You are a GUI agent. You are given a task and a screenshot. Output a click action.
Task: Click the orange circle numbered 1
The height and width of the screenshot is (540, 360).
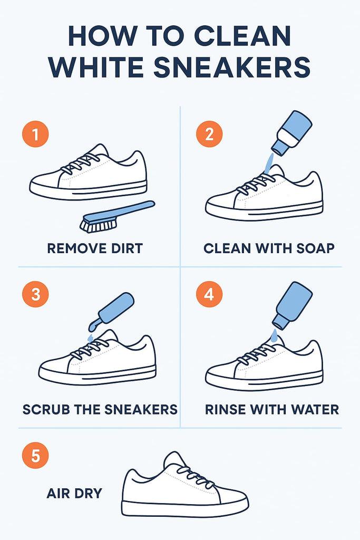click(35, 134)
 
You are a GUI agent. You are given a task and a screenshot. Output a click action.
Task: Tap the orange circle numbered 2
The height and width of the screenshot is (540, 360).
click(209, 134)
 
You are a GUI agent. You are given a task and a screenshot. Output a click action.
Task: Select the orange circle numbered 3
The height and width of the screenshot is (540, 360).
click(35, 294)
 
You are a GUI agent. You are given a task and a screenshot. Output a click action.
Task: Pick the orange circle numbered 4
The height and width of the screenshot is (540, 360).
click(209, 294)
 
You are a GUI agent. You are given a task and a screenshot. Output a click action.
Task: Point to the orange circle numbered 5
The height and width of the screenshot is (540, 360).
click(35, 455)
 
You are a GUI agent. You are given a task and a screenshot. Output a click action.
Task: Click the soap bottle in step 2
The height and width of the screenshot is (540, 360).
click(291, 132)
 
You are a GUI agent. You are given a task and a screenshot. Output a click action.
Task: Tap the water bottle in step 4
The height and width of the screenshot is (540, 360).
click(292, 305)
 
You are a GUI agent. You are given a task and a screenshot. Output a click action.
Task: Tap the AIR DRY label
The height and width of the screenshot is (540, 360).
click(74, 493)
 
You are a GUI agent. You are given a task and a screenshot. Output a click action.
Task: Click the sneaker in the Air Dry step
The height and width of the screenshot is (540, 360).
click(184, 486)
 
